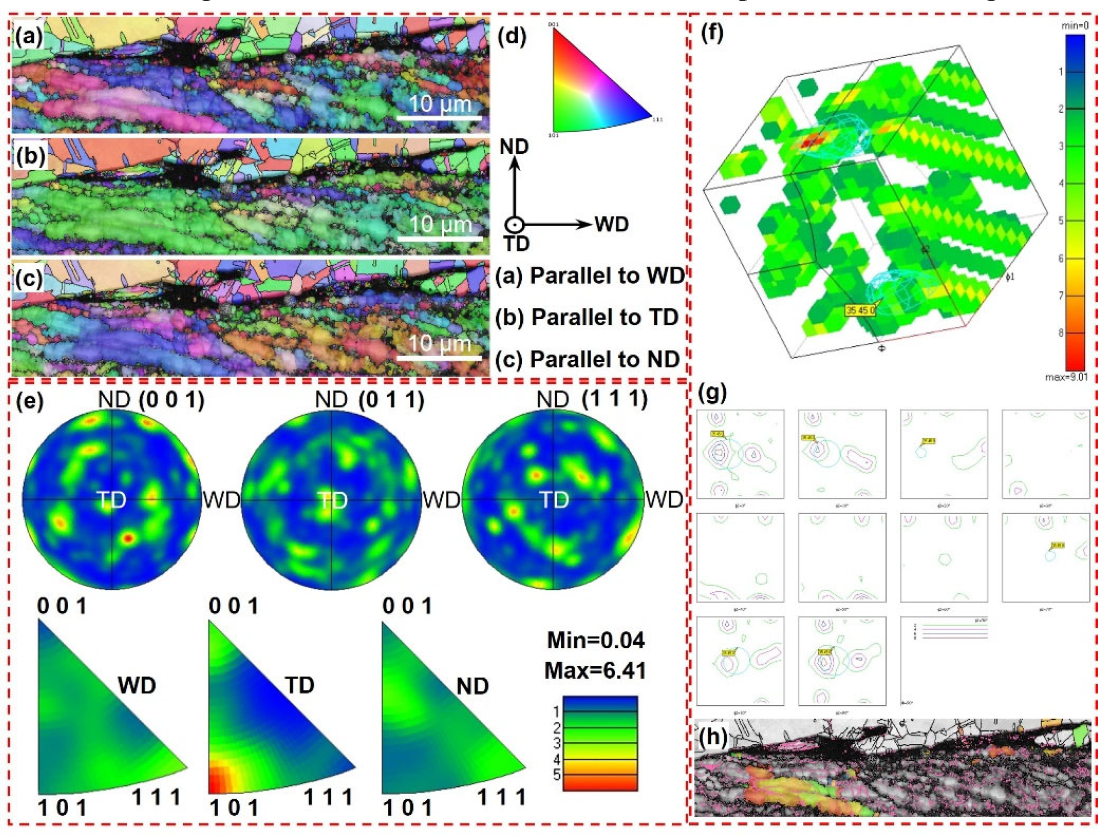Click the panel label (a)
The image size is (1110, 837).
coord(28,37)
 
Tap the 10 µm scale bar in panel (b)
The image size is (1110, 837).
coord(440,238)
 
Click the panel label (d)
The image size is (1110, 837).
coord(511,37)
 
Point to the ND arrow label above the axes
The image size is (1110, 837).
coord(514,147)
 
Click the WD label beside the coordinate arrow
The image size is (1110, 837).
coord(612,225)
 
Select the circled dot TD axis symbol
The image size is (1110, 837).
coord(514,225)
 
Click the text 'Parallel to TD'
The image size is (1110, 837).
coord(604,317)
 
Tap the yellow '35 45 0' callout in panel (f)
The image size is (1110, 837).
coord(860,310)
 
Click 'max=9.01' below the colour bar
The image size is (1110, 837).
coord(1066,377)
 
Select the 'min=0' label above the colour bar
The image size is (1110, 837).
coord(1075,25)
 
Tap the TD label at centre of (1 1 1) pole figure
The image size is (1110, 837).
coord(554,500)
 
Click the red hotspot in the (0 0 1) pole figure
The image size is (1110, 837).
coord(128,538)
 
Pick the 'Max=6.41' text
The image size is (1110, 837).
coord(595,670)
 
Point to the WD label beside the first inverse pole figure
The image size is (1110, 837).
coord(136,685)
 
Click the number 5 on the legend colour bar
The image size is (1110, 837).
coord(557,774)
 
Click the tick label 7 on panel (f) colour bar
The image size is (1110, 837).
coord(1061,296)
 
